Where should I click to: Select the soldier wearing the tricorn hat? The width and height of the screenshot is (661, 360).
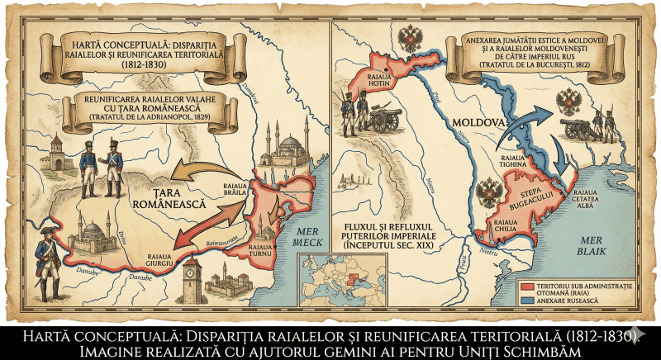(x=43, y=252)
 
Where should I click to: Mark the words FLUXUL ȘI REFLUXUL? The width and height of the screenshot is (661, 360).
(x=395, y=225)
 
